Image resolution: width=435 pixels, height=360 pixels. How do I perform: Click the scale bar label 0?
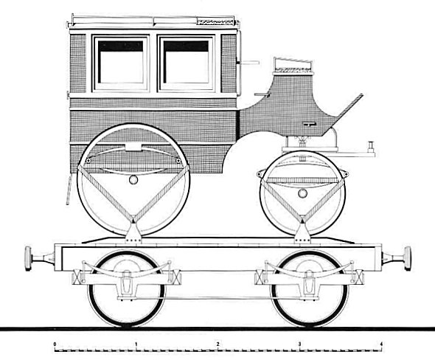tap(55, 345)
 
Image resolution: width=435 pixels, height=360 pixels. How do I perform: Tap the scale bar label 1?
tap(136, 345)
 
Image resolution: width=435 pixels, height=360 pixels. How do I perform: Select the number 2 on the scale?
tap(218, 345)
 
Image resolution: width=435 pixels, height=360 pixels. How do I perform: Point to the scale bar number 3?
tap(299, 345)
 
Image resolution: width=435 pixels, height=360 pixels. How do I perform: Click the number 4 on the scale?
tap(381, 345)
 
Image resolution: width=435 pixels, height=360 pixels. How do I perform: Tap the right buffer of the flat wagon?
tap(396, 258)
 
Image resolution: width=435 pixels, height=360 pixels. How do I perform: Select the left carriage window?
tap(121, 63)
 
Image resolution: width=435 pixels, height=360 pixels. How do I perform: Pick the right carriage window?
tap(186, 63)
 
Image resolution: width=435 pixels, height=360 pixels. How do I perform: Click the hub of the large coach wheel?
tap(133, 179)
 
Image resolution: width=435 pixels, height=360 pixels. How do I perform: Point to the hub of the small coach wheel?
tap(302, 193)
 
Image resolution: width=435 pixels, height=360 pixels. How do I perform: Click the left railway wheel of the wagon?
tap(126, 288)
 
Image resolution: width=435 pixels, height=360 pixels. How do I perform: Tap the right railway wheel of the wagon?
tap(309, 288)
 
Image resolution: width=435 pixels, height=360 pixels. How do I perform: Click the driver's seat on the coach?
tap(293, 66)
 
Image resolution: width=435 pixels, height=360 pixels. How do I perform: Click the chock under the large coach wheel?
tap(133, 232)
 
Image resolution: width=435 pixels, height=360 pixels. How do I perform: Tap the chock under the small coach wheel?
tap(302, 232)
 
